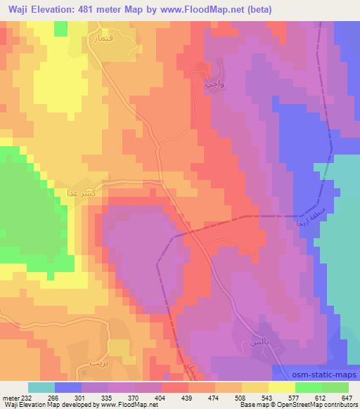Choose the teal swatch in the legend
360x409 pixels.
tap(42, 387)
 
